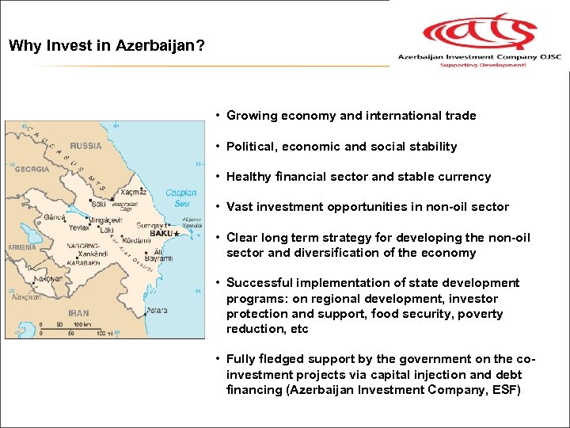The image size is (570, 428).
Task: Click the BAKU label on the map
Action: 161,234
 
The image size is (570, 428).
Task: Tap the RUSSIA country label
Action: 85,146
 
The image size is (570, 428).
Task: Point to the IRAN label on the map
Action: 78,313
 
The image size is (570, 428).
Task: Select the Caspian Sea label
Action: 180,198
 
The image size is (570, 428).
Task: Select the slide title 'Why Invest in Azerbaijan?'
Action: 107,45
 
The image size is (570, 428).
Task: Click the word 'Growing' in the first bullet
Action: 250,116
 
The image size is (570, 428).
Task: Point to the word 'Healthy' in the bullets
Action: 249,177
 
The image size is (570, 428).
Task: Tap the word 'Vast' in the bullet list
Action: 240,207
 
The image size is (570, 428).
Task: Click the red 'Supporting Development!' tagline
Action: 473,66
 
